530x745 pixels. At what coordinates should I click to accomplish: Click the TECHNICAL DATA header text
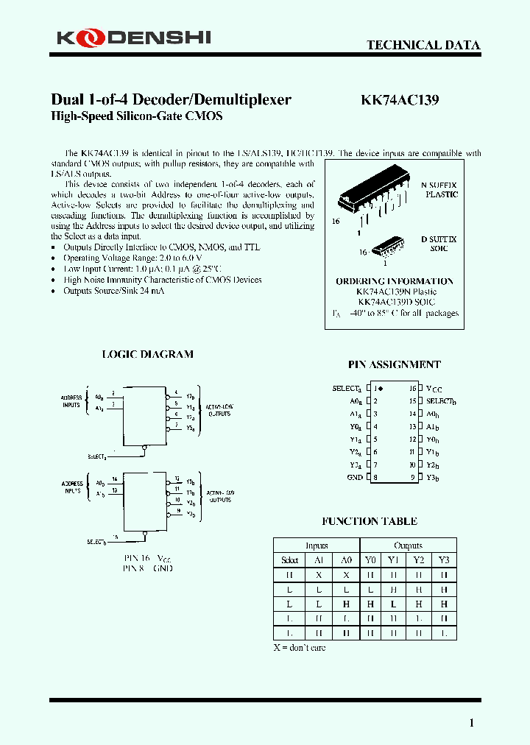(423, 45)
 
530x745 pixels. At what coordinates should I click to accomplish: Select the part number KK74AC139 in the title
(400, 100)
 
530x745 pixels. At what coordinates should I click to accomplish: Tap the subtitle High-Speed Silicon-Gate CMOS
(136, 116)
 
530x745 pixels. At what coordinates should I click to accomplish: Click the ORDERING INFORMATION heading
(395, 281)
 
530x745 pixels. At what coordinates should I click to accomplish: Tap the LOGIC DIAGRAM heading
(147, 354)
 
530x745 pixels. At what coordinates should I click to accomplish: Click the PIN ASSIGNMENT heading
(394, 364)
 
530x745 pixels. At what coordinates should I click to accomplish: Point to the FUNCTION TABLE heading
(370, 521)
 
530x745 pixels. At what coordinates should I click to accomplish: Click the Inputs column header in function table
(316, 545)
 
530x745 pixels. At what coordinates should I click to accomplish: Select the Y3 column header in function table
(443, 560)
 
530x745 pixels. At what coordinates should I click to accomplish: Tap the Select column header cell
(290, 560)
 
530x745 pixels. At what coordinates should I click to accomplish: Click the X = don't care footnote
(299, 648)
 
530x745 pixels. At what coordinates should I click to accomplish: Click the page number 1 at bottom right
(471, 723)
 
